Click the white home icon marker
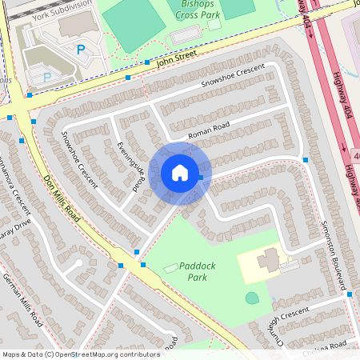pos(180,172)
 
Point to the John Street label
pos(177,58)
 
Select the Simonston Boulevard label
pos(337,253)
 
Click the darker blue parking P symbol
pos(81,50)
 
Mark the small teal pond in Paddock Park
pos(252,298)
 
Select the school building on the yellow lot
pos(268,259)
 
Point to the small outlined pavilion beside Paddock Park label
pos(170,267)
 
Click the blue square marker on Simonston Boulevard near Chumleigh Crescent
pos(350,294)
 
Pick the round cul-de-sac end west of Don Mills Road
pos(78,263)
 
